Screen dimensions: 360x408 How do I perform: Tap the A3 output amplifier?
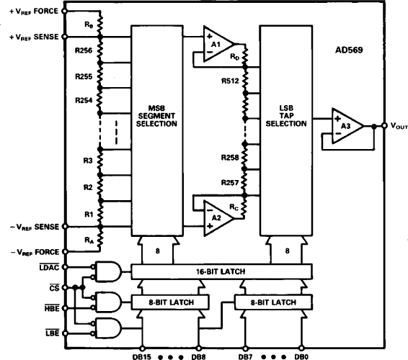(x=344, y=125)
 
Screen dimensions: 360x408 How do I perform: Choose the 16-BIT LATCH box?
(x=222, y=271)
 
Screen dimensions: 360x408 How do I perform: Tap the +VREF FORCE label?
(x=30, y=12)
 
